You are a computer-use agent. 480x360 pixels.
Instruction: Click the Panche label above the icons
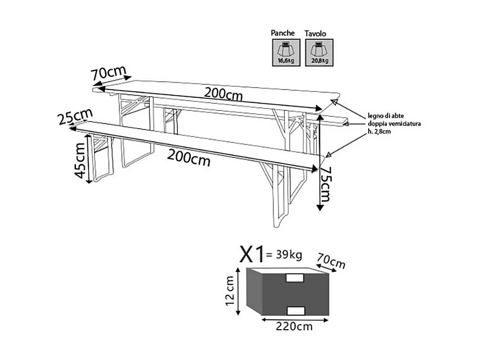tap(283, 33)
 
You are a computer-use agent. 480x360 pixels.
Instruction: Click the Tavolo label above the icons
tap(316, 33)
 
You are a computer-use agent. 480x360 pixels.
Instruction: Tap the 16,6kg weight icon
tap(283, 52)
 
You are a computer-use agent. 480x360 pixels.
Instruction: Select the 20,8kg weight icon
tap(319, 52)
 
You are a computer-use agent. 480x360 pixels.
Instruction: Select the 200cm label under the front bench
tap(189, 156)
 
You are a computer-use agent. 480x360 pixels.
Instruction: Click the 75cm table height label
tap(326, 184)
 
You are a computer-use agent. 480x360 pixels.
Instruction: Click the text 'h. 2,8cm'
tap(379, 131)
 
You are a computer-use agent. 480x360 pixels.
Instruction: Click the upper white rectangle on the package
tap(295, 278)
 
